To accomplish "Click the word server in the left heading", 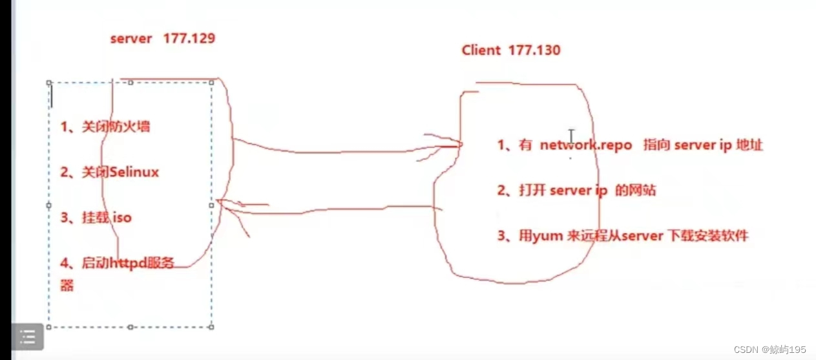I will tap(131, 38).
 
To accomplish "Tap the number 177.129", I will tap(189, 38).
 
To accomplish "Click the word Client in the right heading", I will tap(481, 50).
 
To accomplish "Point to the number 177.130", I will tap(534, 50).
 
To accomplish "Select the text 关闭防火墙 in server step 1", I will tap(116, 127).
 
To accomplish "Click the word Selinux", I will tap(134, 172).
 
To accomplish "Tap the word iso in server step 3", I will tap(122, 218).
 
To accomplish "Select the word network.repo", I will tap(585, 145).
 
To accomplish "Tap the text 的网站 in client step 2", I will tap(636, 191).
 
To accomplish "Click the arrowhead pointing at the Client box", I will tap(452, 146).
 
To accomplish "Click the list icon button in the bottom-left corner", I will tap(27, 337).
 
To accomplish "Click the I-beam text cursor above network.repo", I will tap(571, 136).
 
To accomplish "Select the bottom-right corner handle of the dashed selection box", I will tap(212, 327).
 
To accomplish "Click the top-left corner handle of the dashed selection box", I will tap(49, 83).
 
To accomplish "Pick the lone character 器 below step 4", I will tap(67, 285).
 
